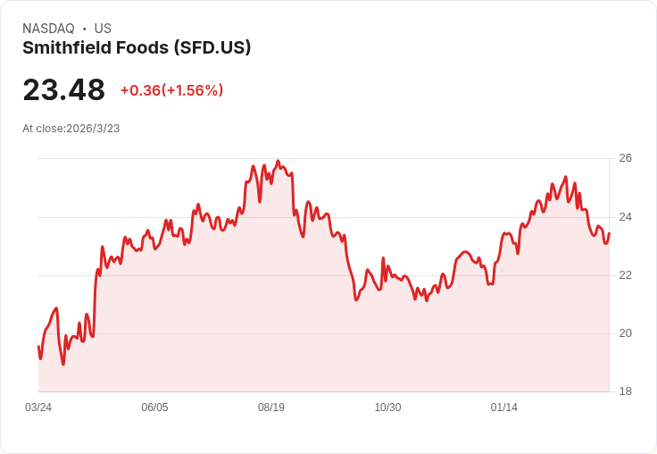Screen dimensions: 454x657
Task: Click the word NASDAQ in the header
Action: [x=48, y=29]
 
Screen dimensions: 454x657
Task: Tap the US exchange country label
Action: [x=103, y=29]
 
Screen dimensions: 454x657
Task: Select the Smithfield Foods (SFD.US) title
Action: [x=137, y=48]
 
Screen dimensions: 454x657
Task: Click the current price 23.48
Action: [x=63, y=89]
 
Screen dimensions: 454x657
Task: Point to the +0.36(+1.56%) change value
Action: [x=171, y=90]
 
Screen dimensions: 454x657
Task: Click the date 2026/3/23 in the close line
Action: [x=93, y=129]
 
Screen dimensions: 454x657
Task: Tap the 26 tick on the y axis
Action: [x=625, y=158]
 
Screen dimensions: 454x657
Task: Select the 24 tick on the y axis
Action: [x=625, y=217]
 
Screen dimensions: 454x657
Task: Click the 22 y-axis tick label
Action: [x=625, y=275]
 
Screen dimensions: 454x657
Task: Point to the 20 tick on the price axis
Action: [x=625, y=333]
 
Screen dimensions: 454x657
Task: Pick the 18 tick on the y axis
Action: [x=625, y=391]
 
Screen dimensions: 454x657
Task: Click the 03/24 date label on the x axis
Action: [x=38, y=408]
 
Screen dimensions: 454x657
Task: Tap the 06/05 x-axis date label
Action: [x=154, y=408]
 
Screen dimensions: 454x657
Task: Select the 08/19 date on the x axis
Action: [x=271, y=408]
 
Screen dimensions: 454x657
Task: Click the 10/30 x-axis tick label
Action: [x=387, y=408]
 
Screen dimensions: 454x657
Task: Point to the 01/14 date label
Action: [x=504, y=408]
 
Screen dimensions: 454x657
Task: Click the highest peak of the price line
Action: [x=278, y=161]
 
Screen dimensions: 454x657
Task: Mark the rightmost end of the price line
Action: [x=609, y=234]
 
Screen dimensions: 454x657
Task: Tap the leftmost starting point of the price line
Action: [x=38, y=347]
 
